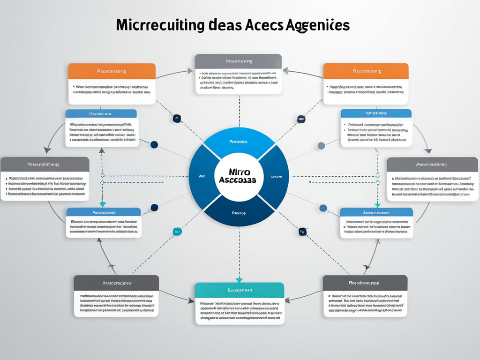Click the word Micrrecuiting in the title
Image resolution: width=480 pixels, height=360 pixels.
(x=160, y=25)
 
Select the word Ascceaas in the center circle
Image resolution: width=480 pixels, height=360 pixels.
(x=238, y=181)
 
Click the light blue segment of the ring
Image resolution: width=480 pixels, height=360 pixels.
(x=239, y=141)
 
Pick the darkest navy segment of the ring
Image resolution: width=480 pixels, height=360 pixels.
(x=239, y=213)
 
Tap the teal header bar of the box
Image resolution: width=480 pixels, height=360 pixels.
(x=239, y=290)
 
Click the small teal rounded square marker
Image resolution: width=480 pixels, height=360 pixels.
(x=177, y=231)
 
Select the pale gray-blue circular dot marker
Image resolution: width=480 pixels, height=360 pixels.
(x=321, y=146)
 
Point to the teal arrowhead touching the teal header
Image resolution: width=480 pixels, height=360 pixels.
(x=239, y=280)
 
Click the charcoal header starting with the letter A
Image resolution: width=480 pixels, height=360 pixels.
(x=116, y=283)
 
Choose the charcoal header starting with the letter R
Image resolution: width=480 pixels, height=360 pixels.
(x=365, y=283)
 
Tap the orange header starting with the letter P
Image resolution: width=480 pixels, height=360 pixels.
(x=112, y=71)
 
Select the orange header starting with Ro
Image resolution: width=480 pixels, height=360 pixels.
(x=366, y=71)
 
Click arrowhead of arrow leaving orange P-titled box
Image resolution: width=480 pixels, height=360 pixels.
(x=190, y=71)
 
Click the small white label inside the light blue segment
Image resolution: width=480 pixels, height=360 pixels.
(x=239, y=141)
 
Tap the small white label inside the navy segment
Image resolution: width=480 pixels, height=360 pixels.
(x=239, y=213)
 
